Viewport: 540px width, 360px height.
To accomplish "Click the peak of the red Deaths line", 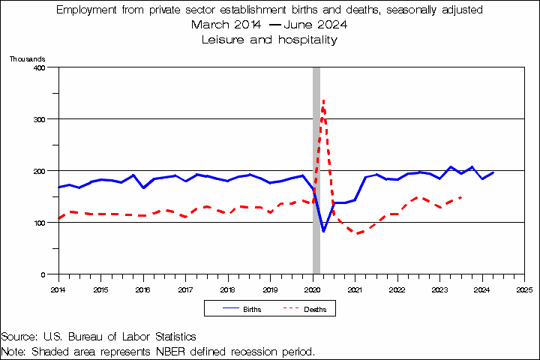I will click(x=323, y=100).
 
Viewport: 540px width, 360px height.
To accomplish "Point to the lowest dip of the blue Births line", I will click(x=323, y=231).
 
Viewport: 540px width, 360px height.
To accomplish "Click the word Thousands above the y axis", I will click(x=28, y=58).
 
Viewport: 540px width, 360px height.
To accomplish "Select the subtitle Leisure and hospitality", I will click(x=270, y=39).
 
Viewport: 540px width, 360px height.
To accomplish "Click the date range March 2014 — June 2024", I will click(x=270, y=25).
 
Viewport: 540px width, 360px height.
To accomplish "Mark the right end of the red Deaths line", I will click(x=460, y=197).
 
